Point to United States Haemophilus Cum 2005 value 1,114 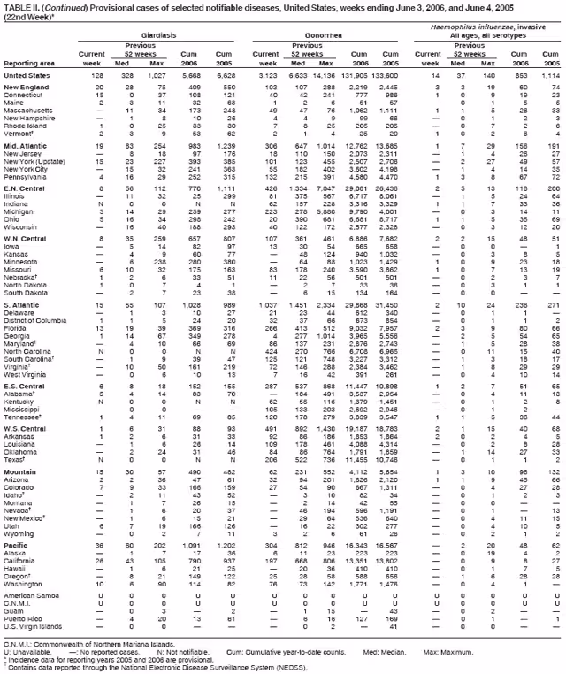point(550,77)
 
